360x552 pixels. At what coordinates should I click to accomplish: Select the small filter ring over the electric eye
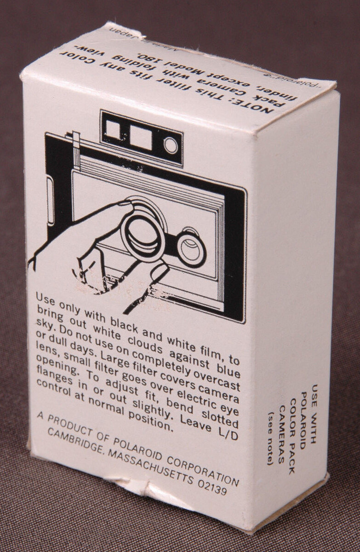click(191, 249)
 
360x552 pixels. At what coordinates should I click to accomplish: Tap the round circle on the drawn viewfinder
click(171, 145)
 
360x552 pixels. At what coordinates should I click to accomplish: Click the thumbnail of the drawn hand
click(159, 272)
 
